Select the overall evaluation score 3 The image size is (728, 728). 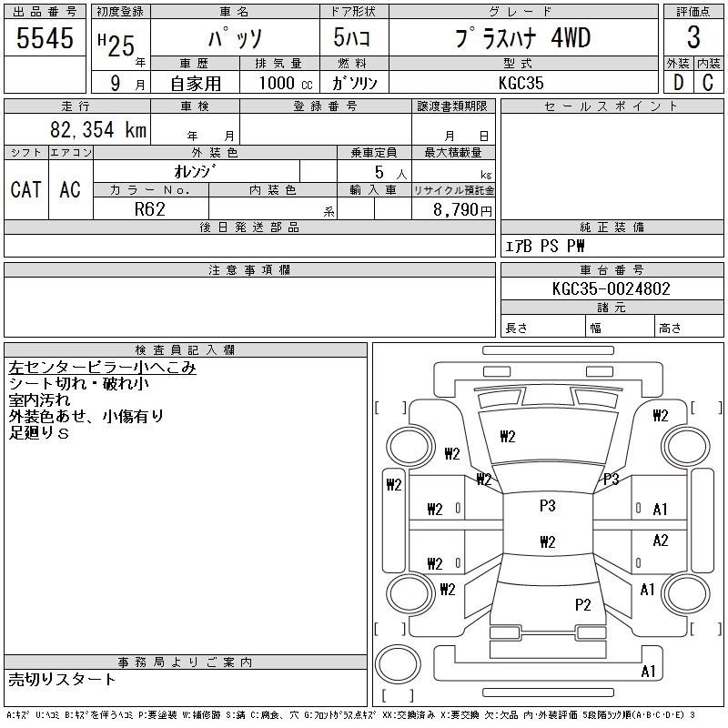coord(693,38)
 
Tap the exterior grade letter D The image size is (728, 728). coord(677,82)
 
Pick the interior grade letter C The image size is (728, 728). coord(707,82)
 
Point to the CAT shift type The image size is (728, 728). coord(25,189)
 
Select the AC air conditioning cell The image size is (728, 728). coord(69,189)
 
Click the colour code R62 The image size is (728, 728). coord(150,209)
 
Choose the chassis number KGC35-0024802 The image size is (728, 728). coord(612,289)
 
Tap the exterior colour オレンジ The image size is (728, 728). coord(196,171)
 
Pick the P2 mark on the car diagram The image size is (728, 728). coord(583,604)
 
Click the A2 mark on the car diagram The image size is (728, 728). coord(661,541)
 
